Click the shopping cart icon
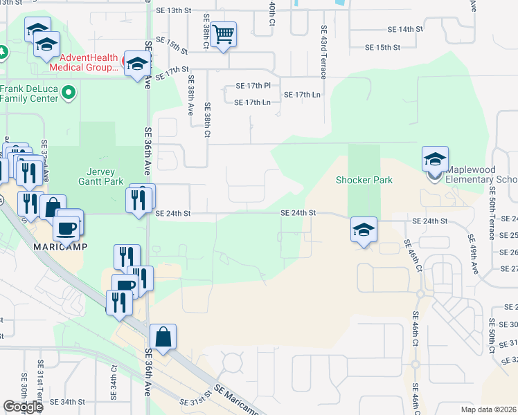(223, 33)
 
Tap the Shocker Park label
(364, 180)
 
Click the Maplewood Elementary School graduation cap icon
(435, 159)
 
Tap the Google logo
(23, 407)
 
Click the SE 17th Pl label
(253, 86)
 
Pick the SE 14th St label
(405, 30)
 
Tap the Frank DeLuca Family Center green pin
(68, 92)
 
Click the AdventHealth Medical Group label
(88, 63)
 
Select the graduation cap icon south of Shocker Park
(364, 230)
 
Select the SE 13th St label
(174, 10)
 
